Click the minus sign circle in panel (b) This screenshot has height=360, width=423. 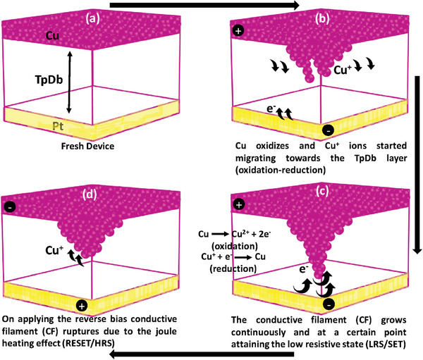click(327, 130)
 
